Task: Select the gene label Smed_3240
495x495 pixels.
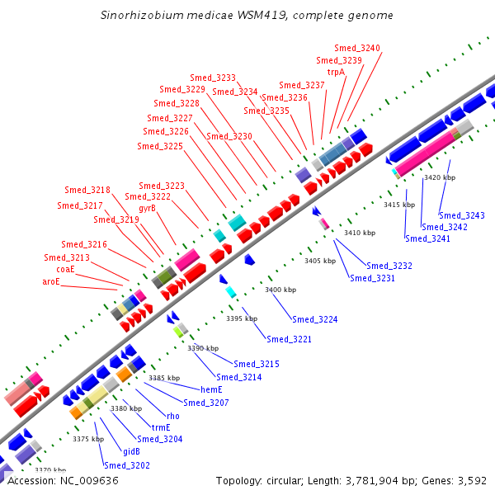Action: coord(357,48)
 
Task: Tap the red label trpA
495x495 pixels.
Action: coord(336,72)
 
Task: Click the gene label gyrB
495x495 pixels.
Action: coord(147,208)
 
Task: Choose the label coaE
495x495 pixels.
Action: coord(65,269)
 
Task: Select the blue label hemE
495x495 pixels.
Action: coord(212,389)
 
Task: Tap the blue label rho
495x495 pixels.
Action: coord(173,416)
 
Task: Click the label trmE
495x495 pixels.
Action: coord(160,427)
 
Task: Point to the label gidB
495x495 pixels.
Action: coord(132,451)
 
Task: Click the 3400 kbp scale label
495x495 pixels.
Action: coord(280,290)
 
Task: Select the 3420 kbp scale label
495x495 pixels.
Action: coord(440,177)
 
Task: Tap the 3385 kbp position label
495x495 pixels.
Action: coord(164,377)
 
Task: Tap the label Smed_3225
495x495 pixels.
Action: coord(160,146)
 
